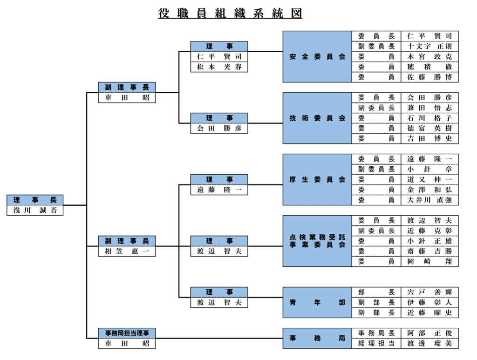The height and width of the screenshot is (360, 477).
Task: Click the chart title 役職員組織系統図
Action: point(230,14)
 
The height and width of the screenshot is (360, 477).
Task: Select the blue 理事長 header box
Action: point(35,200)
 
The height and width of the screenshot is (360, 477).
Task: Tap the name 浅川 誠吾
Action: point(35,211)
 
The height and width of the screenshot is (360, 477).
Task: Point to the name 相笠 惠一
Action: point(127,251)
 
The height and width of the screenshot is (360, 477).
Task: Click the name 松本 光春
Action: point(219,67)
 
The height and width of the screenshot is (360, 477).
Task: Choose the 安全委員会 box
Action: point(317,57)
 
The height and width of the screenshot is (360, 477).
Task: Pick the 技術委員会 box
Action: point(317,118)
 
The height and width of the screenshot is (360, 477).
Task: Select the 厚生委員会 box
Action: point(317,180)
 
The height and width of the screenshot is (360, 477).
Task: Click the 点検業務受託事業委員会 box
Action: point(317,241)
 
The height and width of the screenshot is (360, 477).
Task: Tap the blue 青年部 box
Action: point(317,303)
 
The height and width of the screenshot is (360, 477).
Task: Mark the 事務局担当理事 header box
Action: point(127,333)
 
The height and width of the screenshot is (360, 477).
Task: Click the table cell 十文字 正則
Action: point(429,47)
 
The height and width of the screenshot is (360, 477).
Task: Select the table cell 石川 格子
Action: point(429,118)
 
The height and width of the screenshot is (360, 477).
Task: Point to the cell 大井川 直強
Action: point(429,200)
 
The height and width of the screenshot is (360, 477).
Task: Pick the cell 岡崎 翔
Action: point(429,262)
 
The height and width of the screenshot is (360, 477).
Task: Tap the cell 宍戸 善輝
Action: point(429,292)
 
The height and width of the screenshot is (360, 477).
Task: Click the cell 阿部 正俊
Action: point(429,333)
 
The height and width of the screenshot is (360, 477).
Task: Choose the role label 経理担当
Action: point(376,344)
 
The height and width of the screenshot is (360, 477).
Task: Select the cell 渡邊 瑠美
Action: point(429,344)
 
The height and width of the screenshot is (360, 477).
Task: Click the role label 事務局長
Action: point(376,333)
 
